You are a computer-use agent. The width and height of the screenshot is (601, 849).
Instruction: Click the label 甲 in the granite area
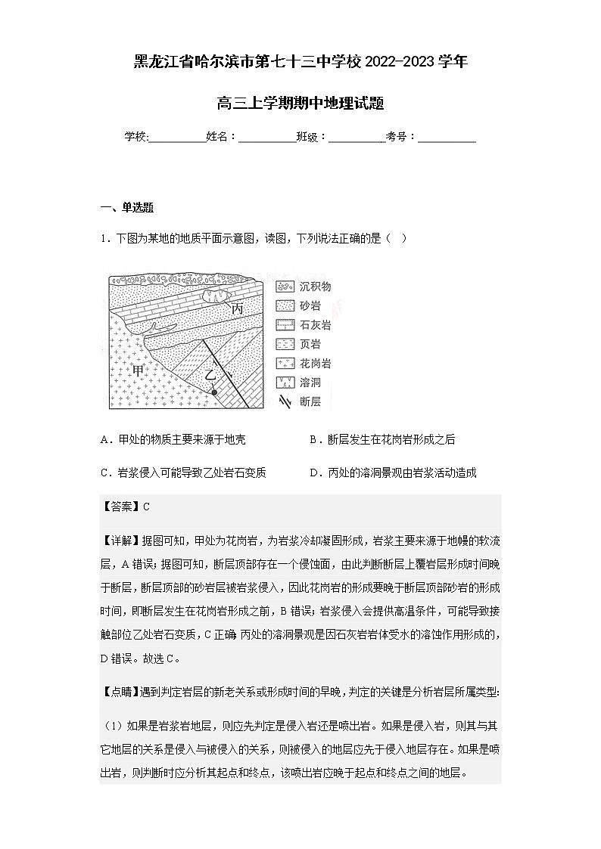click(x=139, y=370)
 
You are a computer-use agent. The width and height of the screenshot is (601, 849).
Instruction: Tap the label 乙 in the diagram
click(x=211, y=374)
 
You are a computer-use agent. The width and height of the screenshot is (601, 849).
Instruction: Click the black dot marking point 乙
click(x=215, y=393)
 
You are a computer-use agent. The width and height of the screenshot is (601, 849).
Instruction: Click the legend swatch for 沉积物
click(x=285, y=287)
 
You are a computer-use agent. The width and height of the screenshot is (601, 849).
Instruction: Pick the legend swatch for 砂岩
click(x=285, y=306)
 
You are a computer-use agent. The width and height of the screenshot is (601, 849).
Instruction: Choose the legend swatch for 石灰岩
click(x=285, y=325)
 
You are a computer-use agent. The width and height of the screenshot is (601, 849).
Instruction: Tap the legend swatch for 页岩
click(x=285, y=344)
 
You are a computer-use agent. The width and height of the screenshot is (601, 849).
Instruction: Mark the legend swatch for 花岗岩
click(x=285, y=364)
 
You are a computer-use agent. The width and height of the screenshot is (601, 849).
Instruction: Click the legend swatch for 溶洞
click(x=285, y=383)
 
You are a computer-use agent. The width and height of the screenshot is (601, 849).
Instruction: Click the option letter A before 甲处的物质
click(x=104, y=440)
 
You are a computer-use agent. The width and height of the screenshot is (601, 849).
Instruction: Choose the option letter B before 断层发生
click(x=313, y=440)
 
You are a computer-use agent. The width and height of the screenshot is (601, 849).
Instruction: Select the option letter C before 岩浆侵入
click(x=104, y=473)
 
